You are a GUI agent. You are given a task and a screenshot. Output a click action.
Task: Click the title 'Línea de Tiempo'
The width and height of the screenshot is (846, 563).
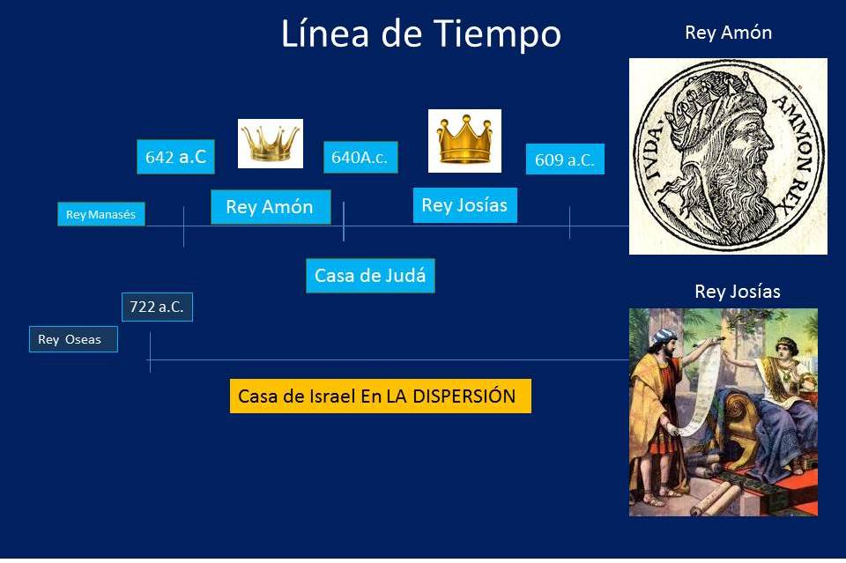(420, 34)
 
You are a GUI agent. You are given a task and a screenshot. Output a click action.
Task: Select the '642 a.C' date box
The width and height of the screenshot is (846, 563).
(175, 157)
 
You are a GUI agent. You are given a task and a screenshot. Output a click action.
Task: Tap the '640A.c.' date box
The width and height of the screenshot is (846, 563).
(360, 158)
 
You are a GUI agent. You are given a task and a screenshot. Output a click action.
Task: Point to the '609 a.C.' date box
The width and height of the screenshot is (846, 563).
(565, 160)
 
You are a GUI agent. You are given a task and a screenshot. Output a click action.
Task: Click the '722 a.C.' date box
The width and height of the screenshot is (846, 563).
(157, 307)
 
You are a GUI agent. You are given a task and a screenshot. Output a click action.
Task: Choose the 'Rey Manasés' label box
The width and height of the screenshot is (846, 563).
(101, 214)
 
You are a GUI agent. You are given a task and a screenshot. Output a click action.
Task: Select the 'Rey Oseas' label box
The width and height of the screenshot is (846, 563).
(73, 339)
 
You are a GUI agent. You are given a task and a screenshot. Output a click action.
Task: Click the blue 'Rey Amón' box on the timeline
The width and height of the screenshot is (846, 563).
(271, 207)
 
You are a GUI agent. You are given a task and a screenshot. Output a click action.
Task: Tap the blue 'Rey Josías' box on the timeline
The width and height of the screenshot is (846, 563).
(464, 205)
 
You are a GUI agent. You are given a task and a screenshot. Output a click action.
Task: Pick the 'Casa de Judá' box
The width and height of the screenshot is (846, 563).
(370, 275)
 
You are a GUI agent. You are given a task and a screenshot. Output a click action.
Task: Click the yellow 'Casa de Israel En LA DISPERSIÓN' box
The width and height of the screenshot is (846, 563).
(380, 396)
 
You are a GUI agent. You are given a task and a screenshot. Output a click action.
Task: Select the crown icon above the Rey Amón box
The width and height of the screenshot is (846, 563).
(270, 143)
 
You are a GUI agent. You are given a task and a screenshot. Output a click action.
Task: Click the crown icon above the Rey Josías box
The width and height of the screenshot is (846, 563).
(464, 140)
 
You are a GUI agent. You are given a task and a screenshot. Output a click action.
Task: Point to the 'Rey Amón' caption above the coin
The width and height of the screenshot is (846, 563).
(728, 33)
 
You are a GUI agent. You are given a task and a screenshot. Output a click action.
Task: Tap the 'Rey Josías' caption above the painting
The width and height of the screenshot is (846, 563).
(738, 292)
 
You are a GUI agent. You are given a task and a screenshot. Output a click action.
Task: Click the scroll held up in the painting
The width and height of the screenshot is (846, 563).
(701, 388)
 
